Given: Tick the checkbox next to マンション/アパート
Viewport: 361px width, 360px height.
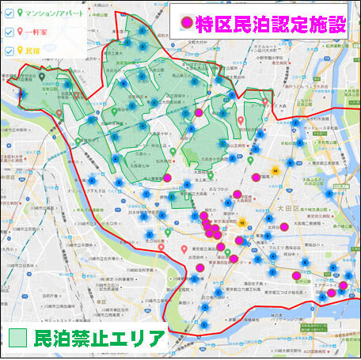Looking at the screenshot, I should pyautogui.click(x=9, y=13).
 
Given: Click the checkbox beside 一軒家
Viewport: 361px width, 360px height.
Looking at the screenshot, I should pyautogui.click(x=9, y=32).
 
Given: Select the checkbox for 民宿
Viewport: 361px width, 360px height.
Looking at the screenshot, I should pyautogui.click(x=9, y=51).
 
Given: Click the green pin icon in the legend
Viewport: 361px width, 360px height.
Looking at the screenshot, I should pyautogui.click(x=21, y=13).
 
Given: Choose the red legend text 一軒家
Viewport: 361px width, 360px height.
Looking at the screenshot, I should pyautogui.click(x=36, y=32).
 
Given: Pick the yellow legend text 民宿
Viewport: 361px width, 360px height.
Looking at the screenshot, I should pyautogui.click(x=32, y=51).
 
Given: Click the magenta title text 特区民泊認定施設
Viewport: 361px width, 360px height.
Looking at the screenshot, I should pyautogui.click(x=273, y=24).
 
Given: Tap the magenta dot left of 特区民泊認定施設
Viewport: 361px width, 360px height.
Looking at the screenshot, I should pyautogui.click(x=188, y=24).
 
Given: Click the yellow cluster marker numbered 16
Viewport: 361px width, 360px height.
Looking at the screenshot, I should pyautogui.click(x=274, y=170).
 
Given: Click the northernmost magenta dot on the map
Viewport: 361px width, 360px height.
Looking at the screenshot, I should pyautogui.click(x=199, y=113).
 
